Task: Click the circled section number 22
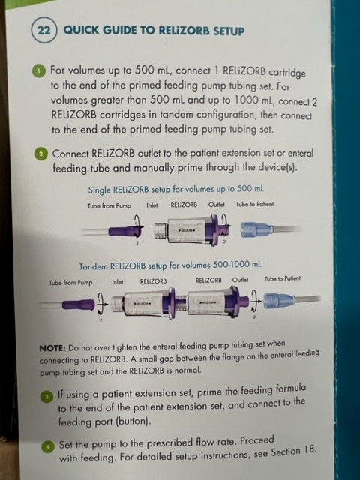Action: [43, 30]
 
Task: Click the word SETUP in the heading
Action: [229, 31]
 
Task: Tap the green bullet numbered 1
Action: [38, 71]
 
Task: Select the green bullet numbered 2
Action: [41, 154]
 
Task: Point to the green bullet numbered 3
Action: [46, 397]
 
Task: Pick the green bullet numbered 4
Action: [47, 447]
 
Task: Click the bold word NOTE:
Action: [52, 348]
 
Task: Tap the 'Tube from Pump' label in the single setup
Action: [109, 206]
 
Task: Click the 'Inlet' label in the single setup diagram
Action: [152, 205]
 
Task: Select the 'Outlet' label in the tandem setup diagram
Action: [240, 280]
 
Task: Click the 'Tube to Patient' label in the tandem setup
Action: [282, 278]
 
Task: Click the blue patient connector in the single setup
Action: [256, 229]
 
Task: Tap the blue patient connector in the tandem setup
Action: [280, 300]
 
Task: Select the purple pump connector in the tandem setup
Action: [78, 304]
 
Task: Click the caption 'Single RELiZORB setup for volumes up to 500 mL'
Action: [175, 189]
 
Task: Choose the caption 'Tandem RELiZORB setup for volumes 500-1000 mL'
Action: [170, 265]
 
